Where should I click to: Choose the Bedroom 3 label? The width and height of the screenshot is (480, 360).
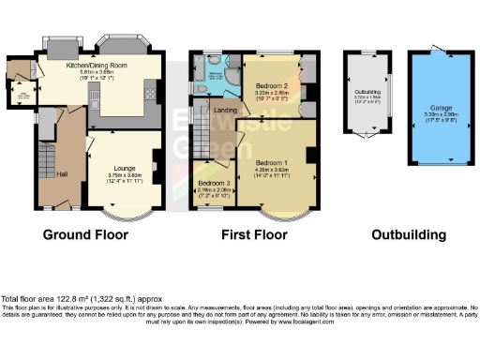tap(214, 182)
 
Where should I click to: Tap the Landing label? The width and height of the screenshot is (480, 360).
tap(225, 112)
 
